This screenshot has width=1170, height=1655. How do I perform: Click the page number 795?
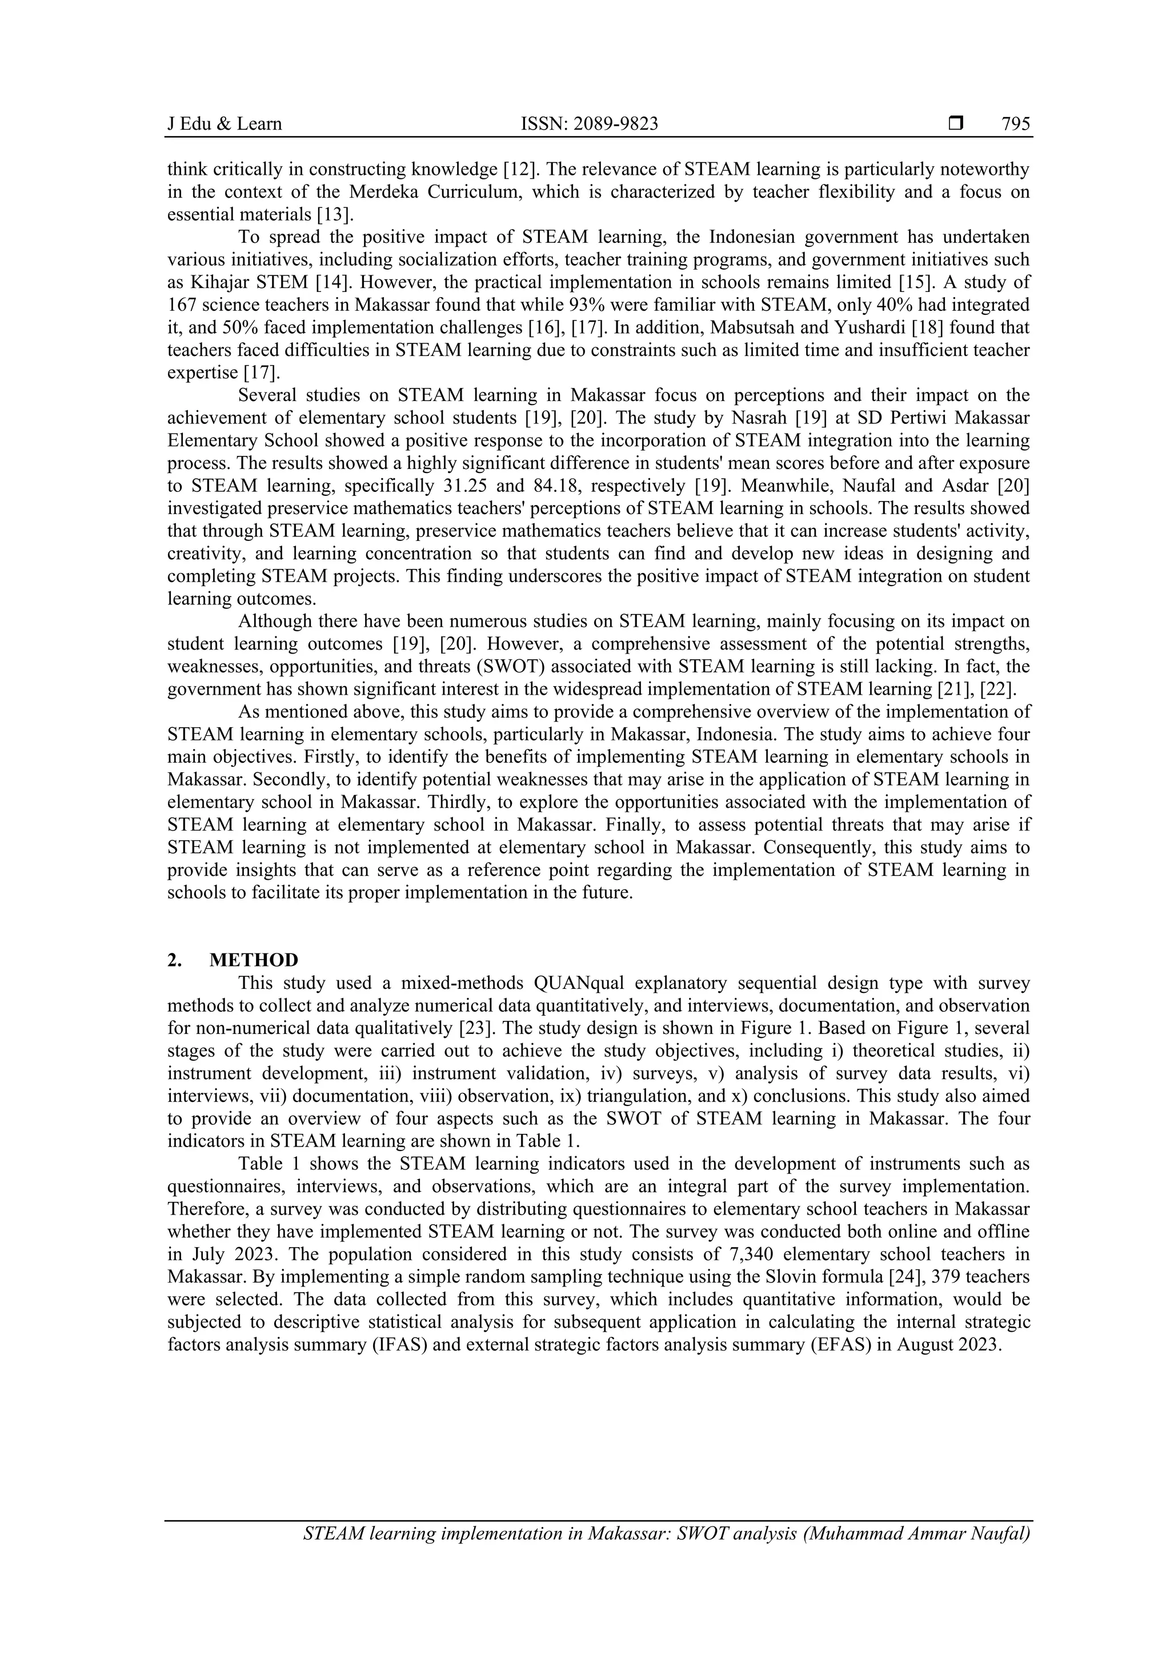pyautogui.click(x=1015, y=124)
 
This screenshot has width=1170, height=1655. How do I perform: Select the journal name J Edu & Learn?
pyautogui.click(x=224, y=124)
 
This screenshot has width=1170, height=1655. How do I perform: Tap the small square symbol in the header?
pyautogui.click(x=956, y=123)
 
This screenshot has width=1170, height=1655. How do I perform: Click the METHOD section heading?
pyautogui.click(x=253, y=960)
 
